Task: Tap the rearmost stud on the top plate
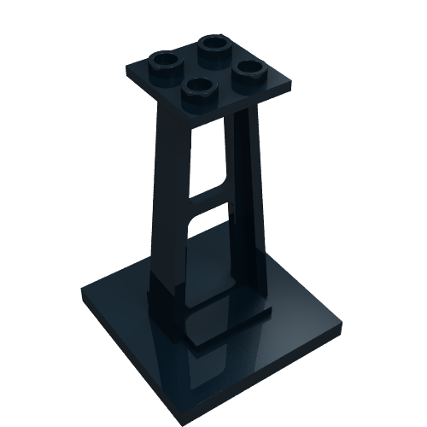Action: pyautogui.click(x=212, y=44)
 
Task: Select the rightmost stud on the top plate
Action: pyautogui.click(x=249, y=68)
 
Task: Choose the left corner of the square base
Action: pyautogui.click(x=83, y=289)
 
